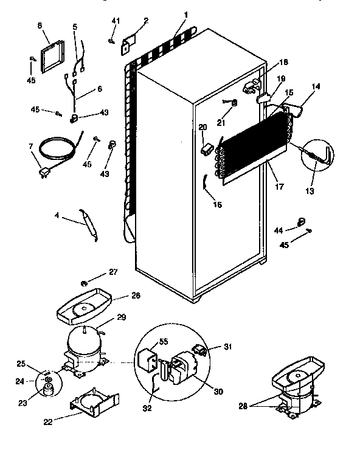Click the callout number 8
40,26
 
